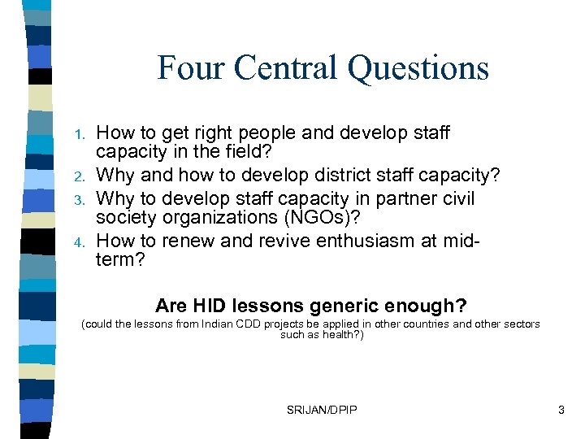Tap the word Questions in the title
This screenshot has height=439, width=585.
(x=418, y=69)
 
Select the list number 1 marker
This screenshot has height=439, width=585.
(x=80, y=133)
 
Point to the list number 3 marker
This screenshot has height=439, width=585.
(x=80, y=200)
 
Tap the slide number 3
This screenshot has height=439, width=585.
(x=561, y=411)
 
